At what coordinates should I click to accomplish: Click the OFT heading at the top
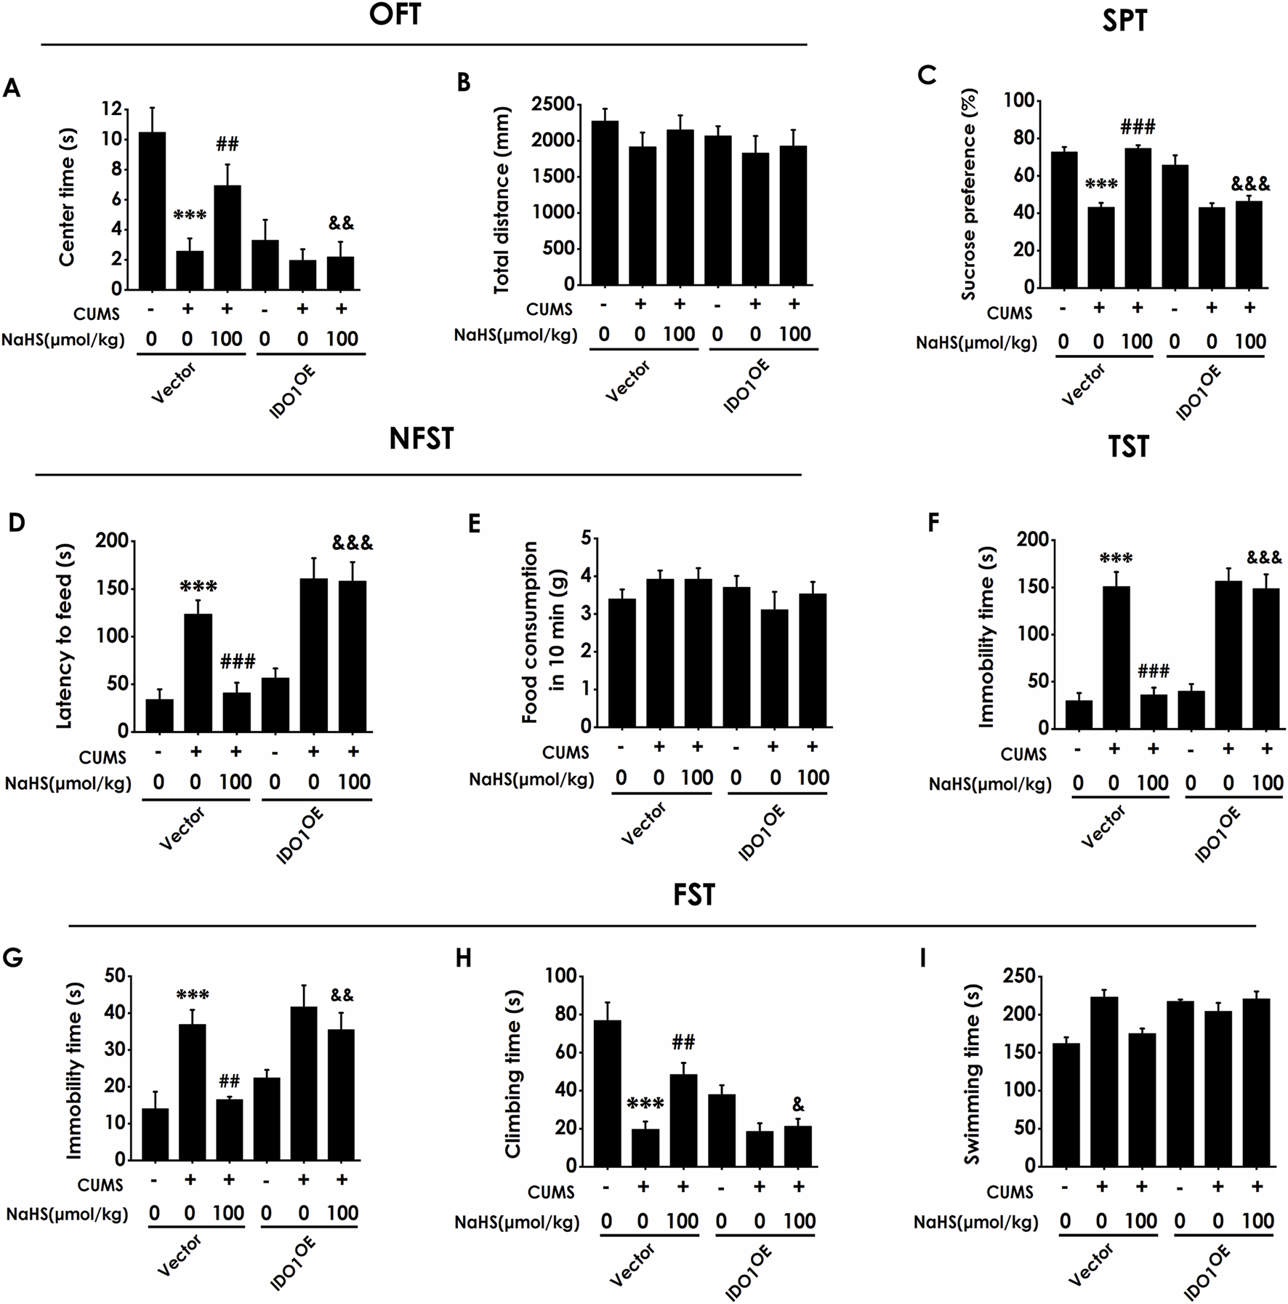[x=395, y=15]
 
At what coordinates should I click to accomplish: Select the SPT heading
[x=1124, y=21]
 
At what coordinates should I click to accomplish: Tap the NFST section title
[x=421, y=439]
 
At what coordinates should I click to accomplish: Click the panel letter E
[x=475, y=524]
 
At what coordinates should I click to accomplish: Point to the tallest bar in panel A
[x=152, y=211]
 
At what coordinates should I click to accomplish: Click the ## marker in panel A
[x=228, y=144]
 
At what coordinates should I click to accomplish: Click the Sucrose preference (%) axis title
[x=968, y=194]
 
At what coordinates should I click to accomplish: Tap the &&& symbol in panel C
[x=1250, y=184]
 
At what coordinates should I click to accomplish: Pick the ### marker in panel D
[x=238, y=661]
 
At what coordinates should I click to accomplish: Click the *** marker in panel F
[x=1116, y=559]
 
